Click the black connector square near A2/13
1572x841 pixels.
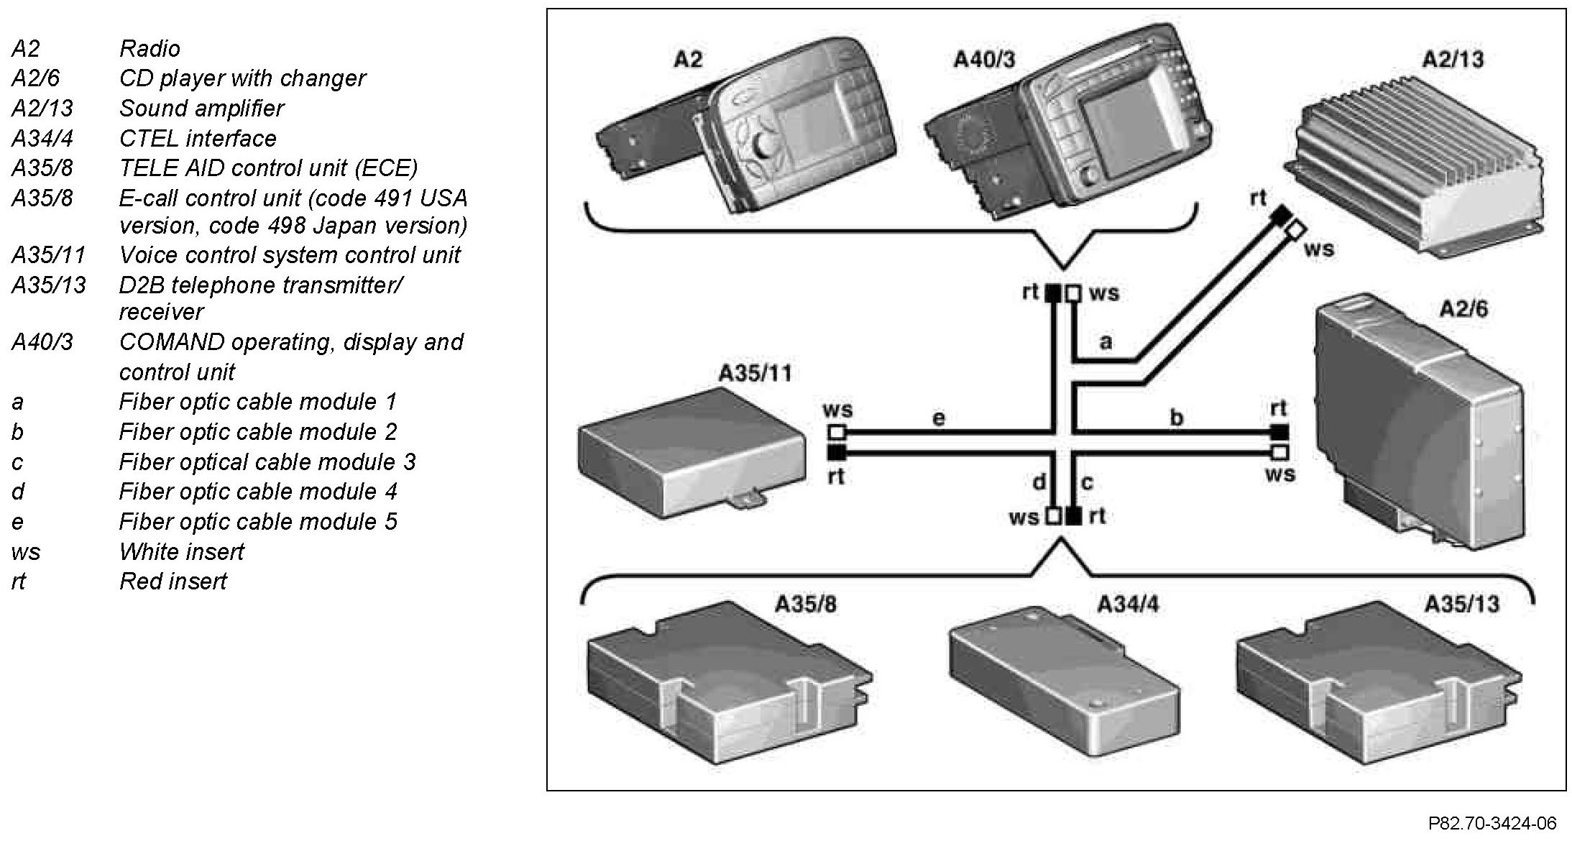(1279, 214)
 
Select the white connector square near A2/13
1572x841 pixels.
(1295, 230)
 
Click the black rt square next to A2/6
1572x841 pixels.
(1279, 432)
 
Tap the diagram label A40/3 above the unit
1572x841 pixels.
(984, 59)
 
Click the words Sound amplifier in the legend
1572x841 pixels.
(201, 109)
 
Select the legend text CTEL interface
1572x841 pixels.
(198, 138)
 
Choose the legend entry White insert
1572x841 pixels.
(182, 551)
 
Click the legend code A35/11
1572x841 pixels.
(48, 255)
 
